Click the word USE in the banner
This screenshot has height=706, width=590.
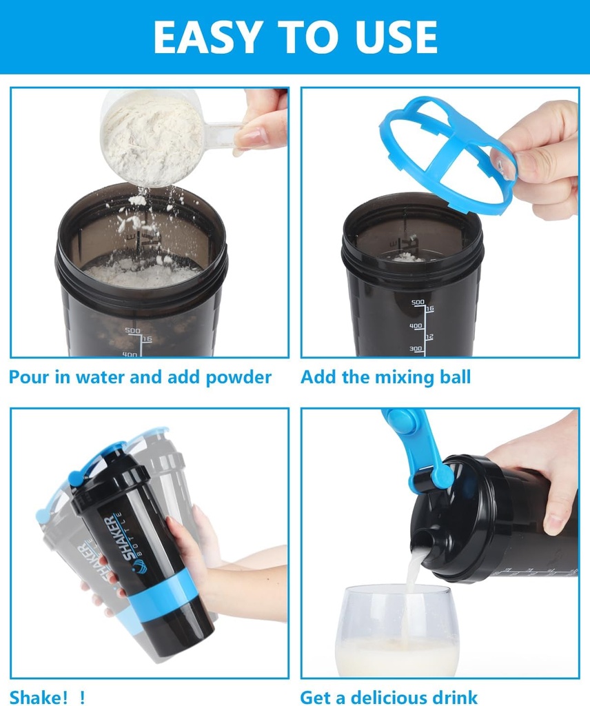tap(398, 37)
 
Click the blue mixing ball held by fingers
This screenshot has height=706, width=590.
tap(448, 152)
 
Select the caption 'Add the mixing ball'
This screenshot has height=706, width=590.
tap(385, 377)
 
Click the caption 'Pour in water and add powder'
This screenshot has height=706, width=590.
tap(140, 377)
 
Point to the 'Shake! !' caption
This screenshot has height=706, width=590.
tap(47, 696)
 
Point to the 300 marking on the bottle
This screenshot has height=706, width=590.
tap(416, 349)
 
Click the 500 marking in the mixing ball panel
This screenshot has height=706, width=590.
tap(418, 303)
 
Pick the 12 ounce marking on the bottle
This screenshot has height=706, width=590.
tap(429, 337)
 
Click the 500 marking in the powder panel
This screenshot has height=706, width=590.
tap(133, 331)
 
